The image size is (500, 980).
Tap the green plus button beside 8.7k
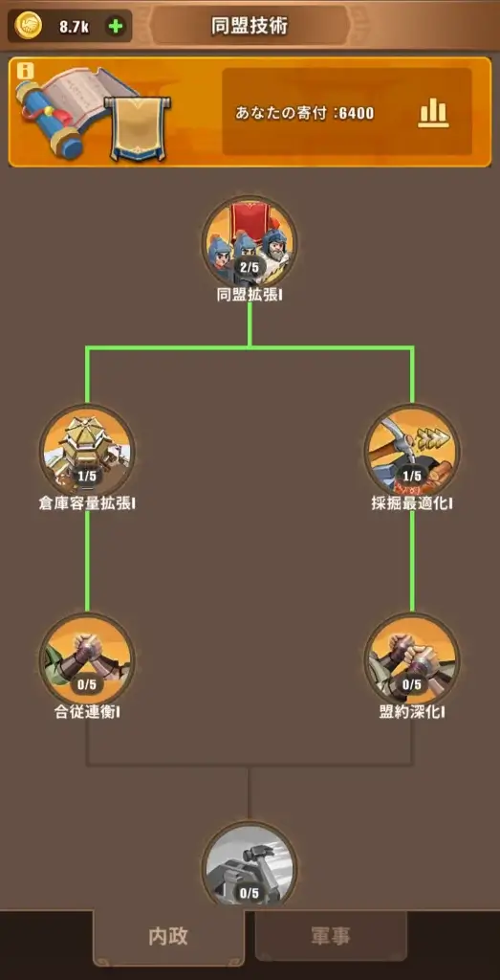[x=116, y=26]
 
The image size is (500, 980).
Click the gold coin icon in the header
[x=28, y=26]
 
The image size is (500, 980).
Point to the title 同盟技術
[x=250, y=26]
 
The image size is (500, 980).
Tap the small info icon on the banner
[x=25, y=71]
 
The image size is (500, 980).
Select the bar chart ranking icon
[x=433, y=113]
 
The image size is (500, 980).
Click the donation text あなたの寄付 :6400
[x=305, y=113]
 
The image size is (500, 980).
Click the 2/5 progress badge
[x=250, y=268]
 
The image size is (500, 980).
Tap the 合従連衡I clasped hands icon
[x=87, y=660]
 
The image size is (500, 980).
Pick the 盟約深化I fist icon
[x=412, y=660]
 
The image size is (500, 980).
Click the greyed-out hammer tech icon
[x=250, y=865]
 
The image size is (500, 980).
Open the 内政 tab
[x=168, y=936]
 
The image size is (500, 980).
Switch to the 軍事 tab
[x=331, y=936]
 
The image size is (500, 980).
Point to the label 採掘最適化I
[x=412, y=503]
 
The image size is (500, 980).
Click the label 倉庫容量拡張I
[x=87, y=503]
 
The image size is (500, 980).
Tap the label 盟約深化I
[x=412, y=712]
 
